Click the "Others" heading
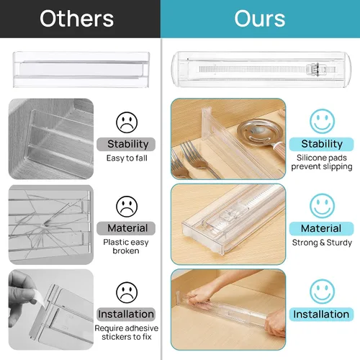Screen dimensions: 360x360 (77, 19)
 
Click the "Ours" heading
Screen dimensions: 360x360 (260, 19)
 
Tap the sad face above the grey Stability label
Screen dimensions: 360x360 (127, 122)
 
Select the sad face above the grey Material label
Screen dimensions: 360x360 (127, 207)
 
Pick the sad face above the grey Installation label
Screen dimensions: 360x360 (127, 292)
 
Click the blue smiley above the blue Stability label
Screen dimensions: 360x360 (322, 121)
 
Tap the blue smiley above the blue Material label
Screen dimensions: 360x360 (322, 206)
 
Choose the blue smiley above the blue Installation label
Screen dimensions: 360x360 (322, 292)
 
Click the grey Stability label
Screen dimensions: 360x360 (126, 144)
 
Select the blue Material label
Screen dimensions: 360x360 (321, 228)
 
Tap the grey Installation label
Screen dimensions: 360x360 (126, 314)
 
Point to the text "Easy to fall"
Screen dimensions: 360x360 (127, 158)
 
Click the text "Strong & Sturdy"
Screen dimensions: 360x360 (322, 243)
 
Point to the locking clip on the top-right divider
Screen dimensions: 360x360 (313, 69)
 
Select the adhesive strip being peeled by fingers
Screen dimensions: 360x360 (40, 298)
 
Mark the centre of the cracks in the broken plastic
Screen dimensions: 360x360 (45, 225)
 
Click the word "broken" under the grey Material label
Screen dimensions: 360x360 (126, 251)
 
